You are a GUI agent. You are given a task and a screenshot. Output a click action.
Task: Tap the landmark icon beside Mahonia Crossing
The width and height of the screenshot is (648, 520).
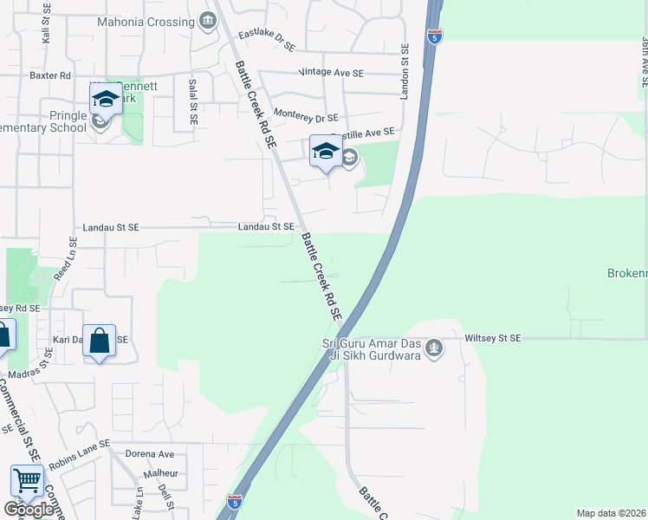(x=207, y=20)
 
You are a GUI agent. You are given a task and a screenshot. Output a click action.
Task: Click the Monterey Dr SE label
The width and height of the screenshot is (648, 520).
(x=305, y=116)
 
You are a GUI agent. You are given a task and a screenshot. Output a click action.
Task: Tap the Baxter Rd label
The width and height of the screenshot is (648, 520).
(x=49, y=75)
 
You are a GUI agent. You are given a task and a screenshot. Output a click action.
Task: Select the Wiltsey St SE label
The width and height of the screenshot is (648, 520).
(x=493, y=338)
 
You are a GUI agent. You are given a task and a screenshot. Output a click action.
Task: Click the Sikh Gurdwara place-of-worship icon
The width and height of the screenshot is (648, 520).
(x=435, y=349)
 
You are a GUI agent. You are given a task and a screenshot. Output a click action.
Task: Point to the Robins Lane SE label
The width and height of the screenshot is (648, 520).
(x=81, y=456)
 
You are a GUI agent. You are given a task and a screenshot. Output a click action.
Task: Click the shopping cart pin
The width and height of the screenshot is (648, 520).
(x=27, y=481)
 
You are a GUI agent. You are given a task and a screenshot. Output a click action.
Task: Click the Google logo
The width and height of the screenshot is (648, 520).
(x=29, y=510)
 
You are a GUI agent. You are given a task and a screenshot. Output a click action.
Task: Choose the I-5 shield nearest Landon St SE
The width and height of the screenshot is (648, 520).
(x=435, y=36)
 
